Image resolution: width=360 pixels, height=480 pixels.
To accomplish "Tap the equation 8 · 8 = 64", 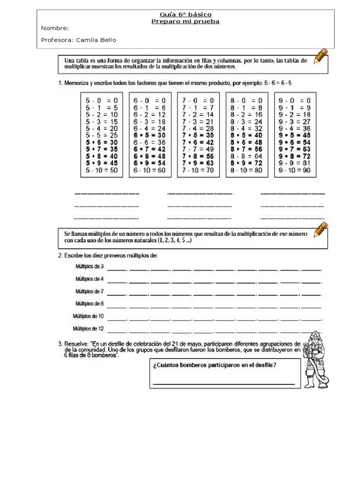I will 247,156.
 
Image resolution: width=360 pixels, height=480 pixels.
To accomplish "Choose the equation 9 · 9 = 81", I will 295,163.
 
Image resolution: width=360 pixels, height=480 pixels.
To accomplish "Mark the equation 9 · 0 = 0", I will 295,100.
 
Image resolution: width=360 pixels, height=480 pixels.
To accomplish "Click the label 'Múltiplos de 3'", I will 90,267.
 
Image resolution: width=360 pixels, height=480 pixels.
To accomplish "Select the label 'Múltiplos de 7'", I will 90,292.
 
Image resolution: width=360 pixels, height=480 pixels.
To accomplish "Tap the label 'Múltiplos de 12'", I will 88,328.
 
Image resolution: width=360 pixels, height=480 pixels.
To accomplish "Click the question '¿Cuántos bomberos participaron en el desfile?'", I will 214,366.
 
